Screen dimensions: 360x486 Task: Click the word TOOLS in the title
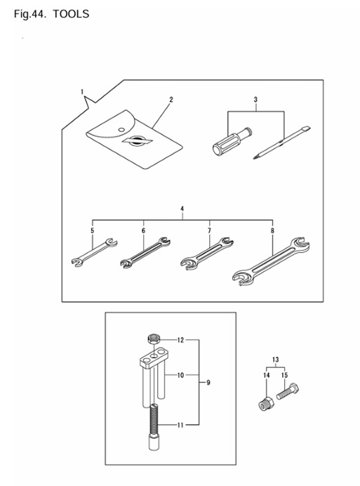pyautogui.click(x=71, y=14)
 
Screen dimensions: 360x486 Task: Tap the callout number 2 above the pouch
pyautogui.click(x=171, y=100)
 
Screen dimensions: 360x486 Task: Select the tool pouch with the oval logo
pyautogui.click(x=134, y=140)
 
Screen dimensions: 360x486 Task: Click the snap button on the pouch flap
pyautogui.click(x=121, y=129)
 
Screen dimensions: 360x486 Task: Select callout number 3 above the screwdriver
pyautogui.click(x=255, y=100)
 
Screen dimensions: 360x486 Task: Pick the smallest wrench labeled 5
pyautogui.click(x=94, y=252)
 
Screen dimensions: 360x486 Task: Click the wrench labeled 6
pyautogui.click(x=145, y=252)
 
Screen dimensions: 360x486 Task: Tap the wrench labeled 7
pyautogui.click(x=207, y=254)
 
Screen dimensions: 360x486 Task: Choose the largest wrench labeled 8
pyautogui.click(x=271, y=261)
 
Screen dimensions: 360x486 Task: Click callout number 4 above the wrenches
pyautogui.click(x=182, y=209)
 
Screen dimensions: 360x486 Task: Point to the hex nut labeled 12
pyautogui.click(x=153, y=339)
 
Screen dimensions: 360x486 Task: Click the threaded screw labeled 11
pyautogui.click(x=154, y=427)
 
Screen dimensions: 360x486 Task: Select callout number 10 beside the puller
pyautogui.click(x=180, y=375)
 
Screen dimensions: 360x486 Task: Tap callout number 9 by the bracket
pyautogui.click(x=208, y=383)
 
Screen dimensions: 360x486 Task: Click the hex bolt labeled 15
pyautogui.click(x=288, y=391)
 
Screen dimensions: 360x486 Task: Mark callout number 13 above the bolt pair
pyautogui.click(x=275, y=360)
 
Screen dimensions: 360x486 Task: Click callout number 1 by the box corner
pyautogui.click(x=82, y=92)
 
